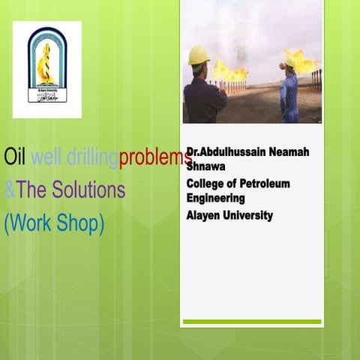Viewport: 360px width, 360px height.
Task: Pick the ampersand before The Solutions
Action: coord(9,190)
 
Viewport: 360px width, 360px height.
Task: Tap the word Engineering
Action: coord(216,199)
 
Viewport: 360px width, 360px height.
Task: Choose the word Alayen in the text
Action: coord(205,216)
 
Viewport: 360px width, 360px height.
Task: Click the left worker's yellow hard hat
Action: coord(199,55)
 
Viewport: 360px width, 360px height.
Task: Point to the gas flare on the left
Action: coord(229,70)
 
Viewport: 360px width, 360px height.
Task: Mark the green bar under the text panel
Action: coord(252,321)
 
